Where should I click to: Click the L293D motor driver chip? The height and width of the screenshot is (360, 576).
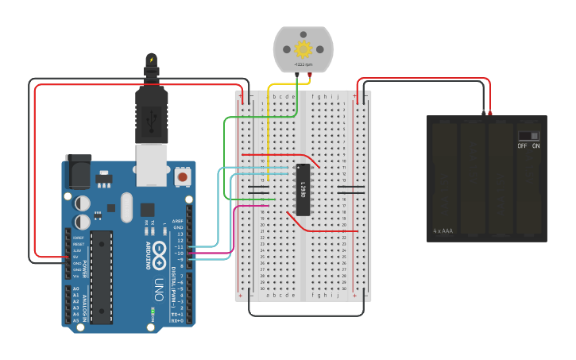(x=303, y=189)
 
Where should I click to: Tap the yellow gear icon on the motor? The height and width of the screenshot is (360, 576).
(x=302, y=48)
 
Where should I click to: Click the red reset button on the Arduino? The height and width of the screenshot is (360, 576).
(x=184, y=176)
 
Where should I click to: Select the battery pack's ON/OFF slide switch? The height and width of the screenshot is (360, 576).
(x=528, y=135)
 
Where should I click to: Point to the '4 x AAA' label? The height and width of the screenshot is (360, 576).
(x=443, y=231)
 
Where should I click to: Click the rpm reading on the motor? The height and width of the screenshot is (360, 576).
(x=302, y=64)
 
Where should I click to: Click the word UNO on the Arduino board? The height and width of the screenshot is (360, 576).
(x=158, y=284)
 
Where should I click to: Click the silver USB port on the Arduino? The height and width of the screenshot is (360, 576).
(x=152, y=165)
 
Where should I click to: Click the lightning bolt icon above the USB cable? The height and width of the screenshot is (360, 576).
(x=152, y=60)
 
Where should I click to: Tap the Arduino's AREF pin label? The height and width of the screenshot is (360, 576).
(x=178, y=222)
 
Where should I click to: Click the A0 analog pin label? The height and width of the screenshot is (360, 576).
(x=76, y=288)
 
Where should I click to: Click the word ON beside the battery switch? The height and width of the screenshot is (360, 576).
(x=535, y=146)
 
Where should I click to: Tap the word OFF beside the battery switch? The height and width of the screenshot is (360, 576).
(x=522, y=146)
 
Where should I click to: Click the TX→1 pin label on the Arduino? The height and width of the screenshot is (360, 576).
(x=178, y=314)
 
